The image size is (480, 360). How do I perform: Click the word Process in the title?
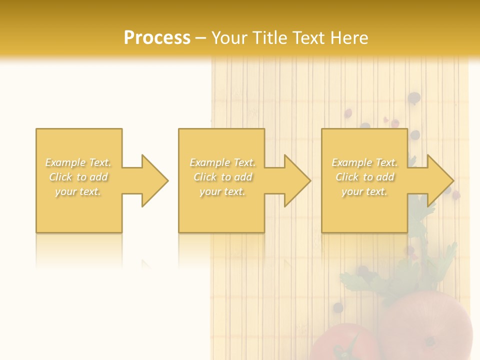click(157, 38)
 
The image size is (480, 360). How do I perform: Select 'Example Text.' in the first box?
click(78, 162)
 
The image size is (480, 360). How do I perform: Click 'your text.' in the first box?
click(78, 191)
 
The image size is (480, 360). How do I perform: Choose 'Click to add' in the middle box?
click(222, 177)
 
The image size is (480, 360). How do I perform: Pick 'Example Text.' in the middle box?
click(222, 162)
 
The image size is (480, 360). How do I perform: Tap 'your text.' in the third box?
click(364, 191)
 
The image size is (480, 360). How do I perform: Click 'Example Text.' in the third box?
click(364, 162)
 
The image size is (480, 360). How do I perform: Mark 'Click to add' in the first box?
click(78, 177)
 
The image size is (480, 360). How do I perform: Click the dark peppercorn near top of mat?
click(414, 98)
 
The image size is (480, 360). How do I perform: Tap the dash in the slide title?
click(201, 38)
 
